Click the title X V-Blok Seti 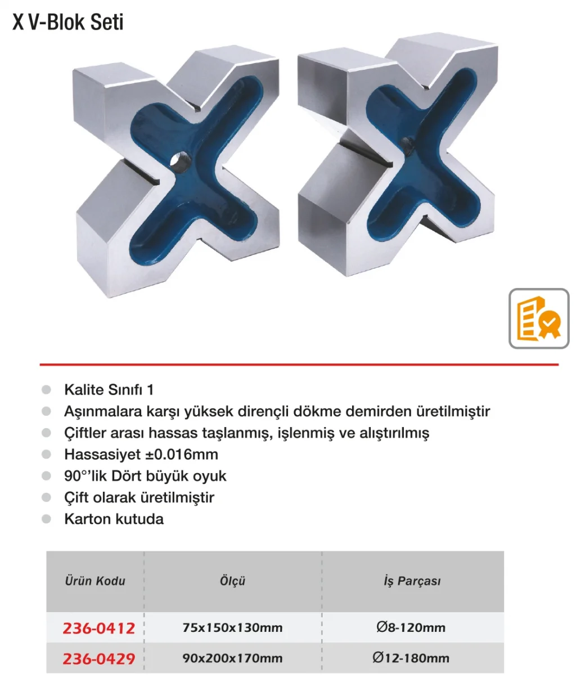[68, 23]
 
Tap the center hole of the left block [181, 161]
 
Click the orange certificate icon [539, 318]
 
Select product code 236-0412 [99, 628]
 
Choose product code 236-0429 [99, 659]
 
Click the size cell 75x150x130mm [232, 628]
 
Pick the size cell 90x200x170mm [232, 658]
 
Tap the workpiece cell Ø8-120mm [411, 627]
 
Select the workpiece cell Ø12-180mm [411, 658]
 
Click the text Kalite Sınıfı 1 [109, 389]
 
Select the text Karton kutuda [114, 519]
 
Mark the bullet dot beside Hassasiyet [47, 455]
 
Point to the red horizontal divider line [299, 364]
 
